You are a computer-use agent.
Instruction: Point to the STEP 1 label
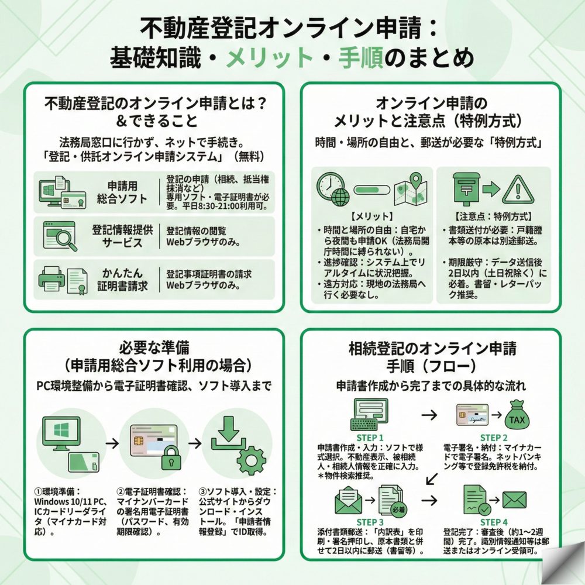click(370, 437)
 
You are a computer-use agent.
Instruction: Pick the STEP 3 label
click(370, 522)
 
